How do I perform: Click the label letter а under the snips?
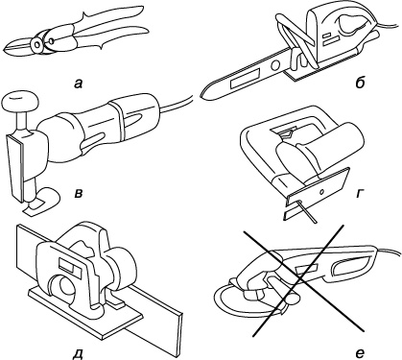pos(78,84)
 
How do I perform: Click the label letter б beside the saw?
pos(360,83)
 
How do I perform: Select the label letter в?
pos(78,194)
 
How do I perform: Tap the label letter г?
pos(359,193)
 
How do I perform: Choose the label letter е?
pos(360,353)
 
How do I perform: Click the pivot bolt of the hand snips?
pos(37,44)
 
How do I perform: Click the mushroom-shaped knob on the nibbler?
pos(20,102)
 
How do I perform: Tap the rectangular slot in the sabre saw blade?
pos(245,79)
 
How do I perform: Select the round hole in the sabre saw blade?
pos(274,66)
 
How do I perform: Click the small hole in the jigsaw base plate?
pos(321,192)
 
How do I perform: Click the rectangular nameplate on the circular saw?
pos(69,266)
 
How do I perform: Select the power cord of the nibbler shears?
pos(176,103)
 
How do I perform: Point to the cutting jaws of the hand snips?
pos(18,47)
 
